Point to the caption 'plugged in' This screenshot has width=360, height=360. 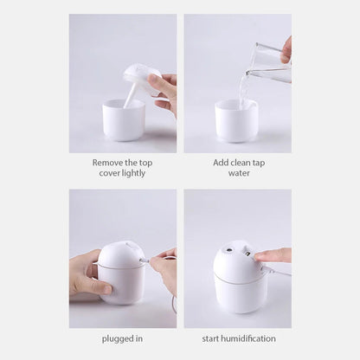click(122, 338)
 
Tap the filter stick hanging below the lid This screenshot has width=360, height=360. click(131, 94)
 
